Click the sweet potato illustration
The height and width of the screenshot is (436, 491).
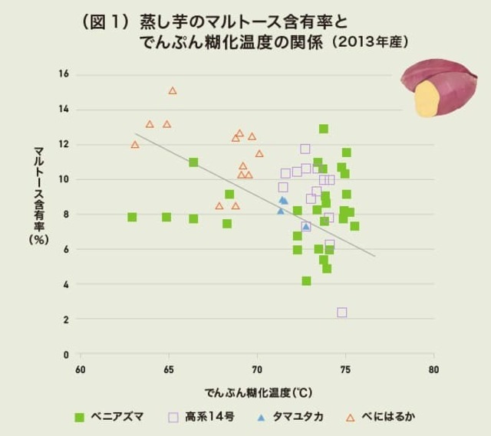click(438, 87)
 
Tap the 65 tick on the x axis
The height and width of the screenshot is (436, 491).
click(169, 369)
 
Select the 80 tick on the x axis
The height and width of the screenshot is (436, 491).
click(434, 369)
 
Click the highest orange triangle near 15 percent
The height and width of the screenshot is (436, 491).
click(173, 90)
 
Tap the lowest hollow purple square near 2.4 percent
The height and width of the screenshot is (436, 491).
click(342, 313)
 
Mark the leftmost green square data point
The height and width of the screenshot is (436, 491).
click(132, 217)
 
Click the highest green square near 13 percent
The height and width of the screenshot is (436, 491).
click(324, 129)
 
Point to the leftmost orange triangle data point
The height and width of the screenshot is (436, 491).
click(135, 145)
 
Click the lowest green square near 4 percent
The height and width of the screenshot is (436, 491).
click(306, 281)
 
